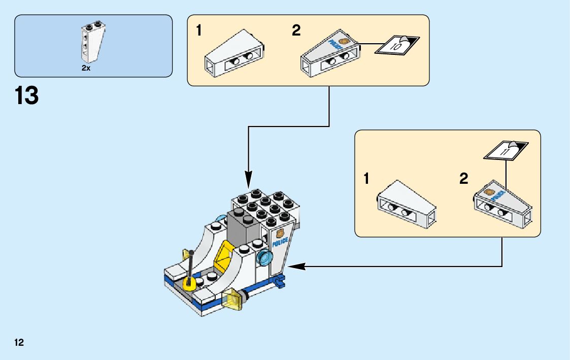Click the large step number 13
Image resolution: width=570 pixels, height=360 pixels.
(x=27, y=95)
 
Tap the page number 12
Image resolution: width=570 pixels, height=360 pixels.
(x=19, y=342)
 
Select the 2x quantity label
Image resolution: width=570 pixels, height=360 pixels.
(x=86, y=68)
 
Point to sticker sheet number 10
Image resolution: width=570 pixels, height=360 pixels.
(x=397, y=46)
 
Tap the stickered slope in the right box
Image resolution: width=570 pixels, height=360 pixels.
(x=501, y=204)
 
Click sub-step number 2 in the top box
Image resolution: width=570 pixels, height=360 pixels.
(x=296, y=30)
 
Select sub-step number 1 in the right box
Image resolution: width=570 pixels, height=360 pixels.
(x=366, y=179)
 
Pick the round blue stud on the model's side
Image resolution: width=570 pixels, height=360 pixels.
(x=264, y=258)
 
